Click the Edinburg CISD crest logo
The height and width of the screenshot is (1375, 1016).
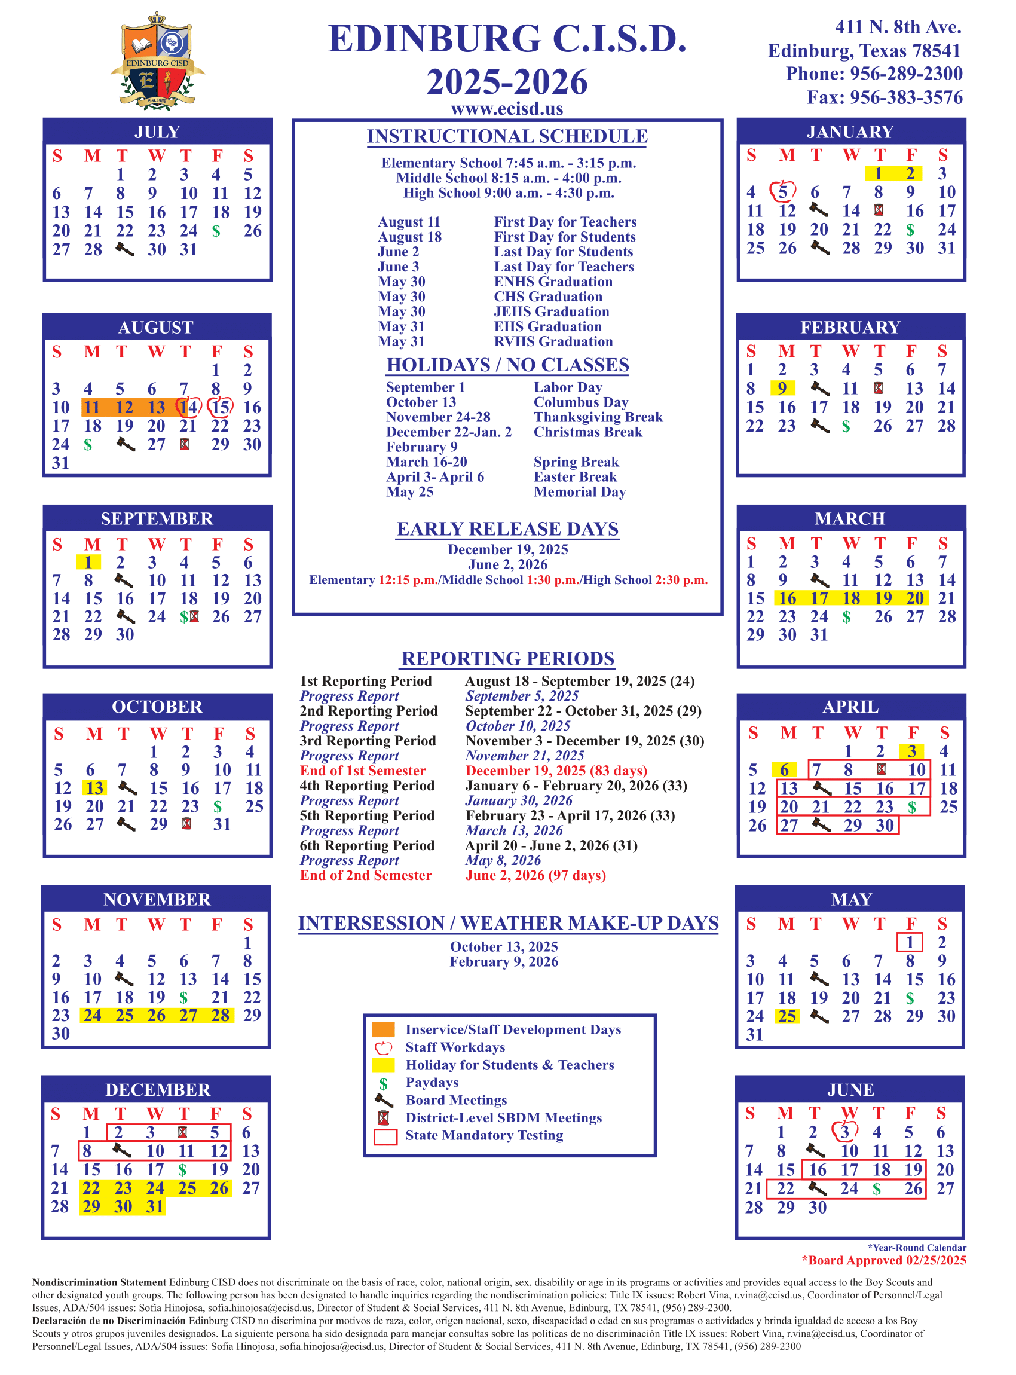(157, 62)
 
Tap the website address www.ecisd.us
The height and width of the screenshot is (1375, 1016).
(507, 109)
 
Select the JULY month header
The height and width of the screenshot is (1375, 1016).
(157, 132)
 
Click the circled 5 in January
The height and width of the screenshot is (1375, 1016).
(783, 192)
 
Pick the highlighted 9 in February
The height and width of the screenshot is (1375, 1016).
(782, 388)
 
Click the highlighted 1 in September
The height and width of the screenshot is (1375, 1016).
(88, 563)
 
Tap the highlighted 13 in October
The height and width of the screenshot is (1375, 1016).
(94, 788)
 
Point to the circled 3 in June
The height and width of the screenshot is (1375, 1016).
(845, 1132)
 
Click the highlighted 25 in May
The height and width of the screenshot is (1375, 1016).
(787, 1016)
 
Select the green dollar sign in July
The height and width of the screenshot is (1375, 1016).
(216, 231)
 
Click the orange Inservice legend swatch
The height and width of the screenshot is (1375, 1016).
(383, 1029)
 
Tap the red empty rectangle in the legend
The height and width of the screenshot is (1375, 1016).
(385, 1136)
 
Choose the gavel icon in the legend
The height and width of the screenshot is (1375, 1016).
(384, 1100)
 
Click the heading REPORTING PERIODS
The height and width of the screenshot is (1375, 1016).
(507, 658)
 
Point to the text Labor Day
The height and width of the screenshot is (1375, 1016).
(568, 387)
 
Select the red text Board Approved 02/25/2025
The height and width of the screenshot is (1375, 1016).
(884, 1261)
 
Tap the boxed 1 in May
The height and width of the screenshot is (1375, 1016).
(910, 943)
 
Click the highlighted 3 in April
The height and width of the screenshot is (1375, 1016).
(911, 751)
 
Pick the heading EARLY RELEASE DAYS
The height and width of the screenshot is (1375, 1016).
(507, 529)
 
